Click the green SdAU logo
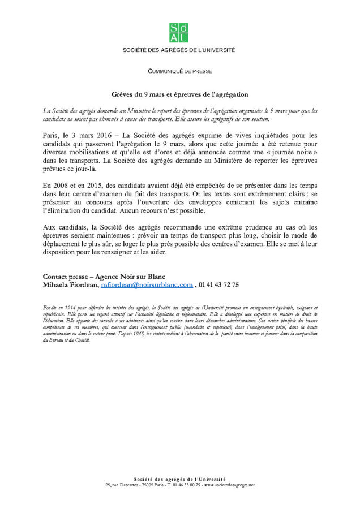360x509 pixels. click(x=179, y=33)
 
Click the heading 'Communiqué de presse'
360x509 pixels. click(x=179, y=72)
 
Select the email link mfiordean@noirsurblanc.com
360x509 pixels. click(x=147, y=285)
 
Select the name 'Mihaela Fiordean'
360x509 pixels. click(x=70, y=285)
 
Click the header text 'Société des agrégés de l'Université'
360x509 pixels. click(x=179, y=50)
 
